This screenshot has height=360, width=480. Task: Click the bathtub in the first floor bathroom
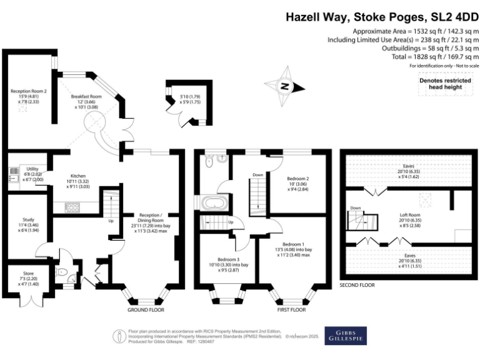(214, 203)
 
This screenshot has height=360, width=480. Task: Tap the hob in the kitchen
(72, 207)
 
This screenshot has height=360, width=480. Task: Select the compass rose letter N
(285, 86)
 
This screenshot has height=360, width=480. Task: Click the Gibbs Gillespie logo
(346, 336)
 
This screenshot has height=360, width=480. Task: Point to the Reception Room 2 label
(29, 91)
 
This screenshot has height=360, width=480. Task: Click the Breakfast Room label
(86, 96)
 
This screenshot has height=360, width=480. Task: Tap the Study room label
(29, 219)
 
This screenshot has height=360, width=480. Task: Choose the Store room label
(29, 273)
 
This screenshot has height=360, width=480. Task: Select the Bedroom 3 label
(229, 259)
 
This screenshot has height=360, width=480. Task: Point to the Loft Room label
(410, 215)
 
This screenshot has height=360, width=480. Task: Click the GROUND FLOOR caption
(146, 310)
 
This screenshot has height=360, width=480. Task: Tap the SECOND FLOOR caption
(357, 285)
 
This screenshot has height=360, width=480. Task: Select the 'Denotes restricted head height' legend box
(446, 84)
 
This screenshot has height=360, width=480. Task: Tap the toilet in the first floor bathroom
(209, 162)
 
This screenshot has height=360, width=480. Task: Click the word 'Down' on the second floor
(356, 208)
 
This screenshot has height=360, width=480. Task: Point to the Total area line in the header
(435, 57)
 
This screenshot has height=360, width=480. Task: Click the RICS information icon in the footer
(119, 336)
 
